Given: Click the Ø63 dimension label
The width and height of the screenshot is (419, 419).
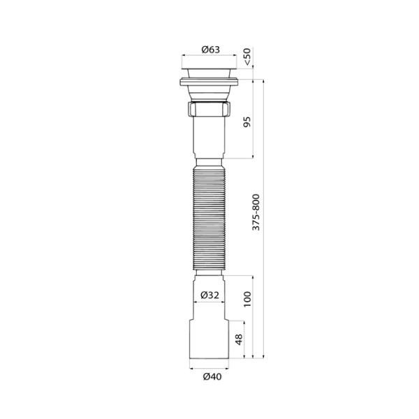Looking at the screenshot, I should click(x=210, y=48).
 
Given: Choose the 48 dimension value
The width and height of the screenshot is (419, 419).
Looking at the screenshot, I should click(x=237, y=341).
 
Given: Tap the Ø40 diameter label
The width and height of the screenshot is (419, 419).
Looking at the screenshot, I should click(x=210, y=377).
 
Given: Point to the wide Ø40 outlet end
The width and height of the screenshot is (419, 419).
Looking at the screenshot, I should click(x=210, y=342).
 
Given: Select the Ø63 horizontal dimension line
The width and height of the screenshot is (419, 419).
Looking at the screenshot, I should click(x=210, y=56).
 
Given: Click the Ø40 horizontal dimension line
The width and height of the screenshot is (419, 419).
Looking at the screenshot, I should click(x=210, y=369).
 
